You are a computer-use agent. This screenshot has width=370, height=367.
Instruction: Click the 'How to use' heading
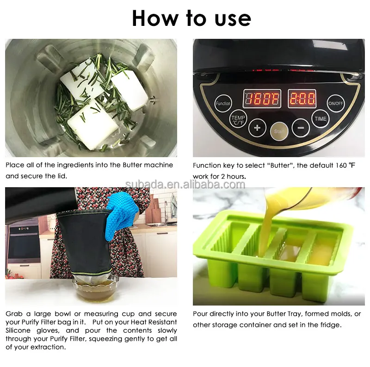191,18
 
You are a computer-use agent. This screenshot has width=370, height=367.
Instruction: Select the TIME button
321,119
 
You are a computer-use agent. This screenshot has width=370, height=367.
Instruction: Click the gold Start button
279,131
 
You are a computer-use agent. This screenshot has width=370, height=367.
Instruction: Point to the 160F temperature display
262,98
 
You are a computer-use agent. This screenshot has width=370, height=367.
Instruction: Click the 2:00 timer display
302,98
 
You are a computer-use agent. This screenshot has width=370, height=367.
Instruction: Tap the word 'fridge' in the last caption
328,324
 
